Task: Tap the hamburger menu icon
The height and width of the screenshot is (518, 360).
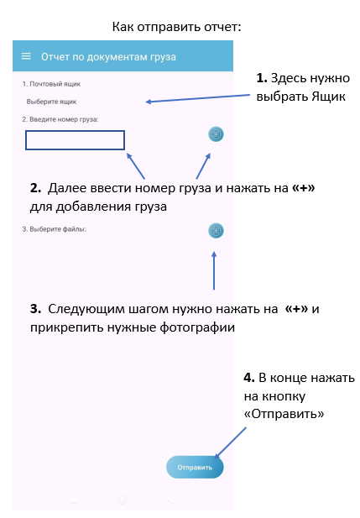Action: [26, 56]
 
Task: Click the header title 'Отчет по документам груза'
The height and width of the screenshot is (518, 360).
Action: [108, 57]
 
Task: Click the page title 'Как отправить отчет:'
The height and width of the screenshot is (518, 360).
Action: [177, 27]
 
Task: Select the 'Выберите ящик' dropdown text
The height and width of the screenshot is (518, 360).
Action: [51, 102]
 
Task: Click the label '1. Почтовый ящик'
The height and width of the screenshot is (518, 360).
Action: [51, 84]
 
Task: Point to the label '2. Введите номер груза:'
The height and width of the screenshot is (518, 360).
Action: [60, 119]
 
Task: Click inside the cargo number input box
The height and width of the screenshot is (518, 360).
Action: [75, 140]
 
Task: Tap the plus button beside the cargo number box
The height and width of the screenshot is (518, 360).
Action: [216, 134]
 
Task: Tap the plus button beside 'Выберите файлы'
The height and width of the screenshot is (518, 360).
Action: [216, 231]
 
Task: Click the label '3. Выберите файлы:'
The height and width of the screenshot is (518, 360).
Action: [55, 229]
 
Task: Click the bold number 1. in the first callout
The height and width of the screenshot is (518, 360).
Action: [262, 78]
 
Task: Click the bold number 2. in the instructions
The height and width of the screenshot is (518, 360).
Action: [36, 188]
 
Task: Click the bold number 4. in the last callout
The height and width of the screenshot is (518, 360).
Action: [249, 378]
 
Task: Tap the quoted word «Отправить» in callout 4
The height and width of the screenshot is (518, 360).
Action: [284, 414]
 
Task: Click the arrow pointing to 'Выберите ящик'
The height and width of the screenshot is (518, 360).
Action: [198, 98]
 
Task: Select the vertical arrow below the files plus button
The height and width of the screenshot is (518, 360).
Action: [214, 270]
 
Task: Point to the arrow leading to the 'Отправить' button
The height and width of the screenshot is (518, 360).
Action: [230, 443]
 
